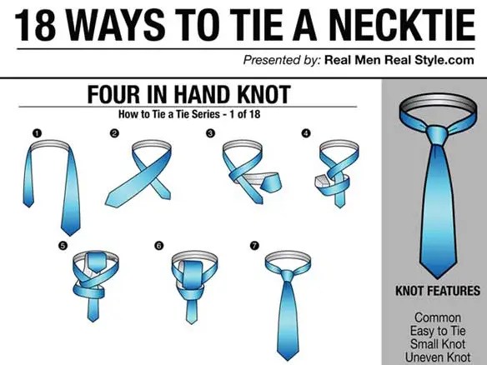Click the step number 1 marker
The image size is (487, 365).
point(37,133)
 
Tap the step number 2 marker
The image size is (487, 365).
point(114,133)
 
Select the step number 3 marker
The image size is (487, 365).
point(210,133)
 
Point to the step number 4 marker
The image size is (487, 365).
point(306,133)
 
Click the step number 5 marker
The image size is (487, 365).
point(63,246)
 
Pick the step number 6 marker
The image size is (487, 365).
point(158,246)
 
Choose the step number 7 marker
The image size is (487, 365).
point(254,246)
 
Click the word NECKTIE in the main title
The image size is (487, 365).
point(401,26)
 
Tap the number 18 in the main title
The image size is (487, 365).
point(35,26)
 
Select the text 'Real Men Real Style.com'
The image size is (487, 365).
point(399,60)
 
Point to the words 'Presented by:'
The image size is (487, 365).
point(281,60)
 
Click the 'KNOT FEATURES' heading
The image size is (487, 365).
point(438,291)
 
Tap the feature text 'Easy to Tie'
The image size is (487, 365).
point(438,331)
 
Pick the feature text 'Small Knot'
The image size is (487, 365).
point(438,344)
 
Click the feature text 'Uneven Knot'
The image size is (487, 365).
point(438,357)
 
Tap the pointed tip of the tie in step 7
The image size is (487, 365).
point(289,359)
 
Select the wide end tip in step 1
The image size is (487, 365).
point(71,235)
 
